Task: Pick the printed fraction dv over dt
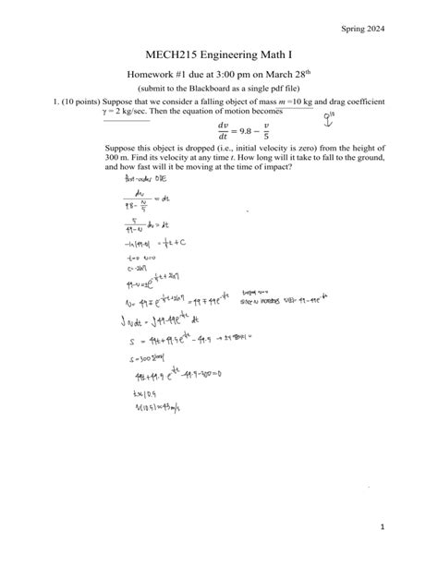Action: (x=222, y=129)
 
